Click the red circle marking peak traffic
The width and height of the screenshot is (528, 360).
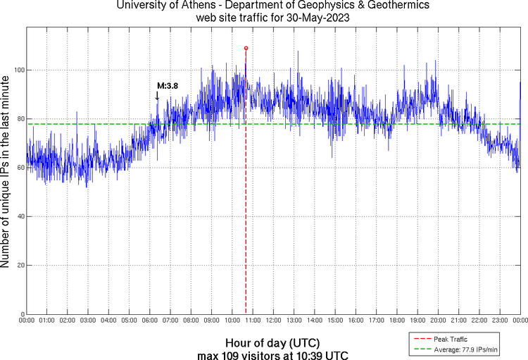click(246, 48)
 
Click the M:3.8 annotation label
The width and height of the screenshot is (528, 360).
click(168, 85)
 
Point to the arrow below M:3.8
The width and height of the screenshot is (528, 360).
click(157, 96)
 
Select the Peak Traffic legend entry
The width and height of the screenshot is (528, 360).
click(451, 339)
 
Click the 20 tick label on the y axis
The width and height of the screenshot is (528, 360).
click(18, 266)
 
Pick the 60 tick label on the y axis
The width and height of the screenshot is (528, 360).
click(18, 168)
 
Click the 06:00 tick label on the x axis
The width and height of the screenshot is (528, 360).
click(150, 321)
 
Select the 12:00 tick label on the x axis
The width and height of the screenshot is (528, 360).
click(273, 321)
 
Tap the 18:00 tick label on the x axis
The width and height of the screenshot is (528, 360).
click(397, 321)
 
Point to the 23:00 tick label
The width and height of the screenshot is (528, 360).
click(500, 321)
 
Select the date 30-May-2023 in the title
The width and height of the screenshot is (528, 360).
click(316, 17)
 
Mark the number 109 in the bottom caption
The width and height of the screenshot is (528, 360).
click(230, 354)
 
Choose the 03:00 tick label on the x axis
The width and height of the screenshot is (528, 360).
click(88, 321)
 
